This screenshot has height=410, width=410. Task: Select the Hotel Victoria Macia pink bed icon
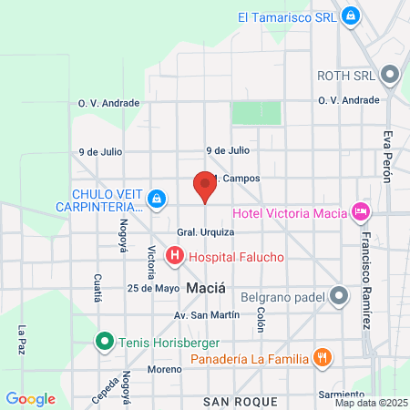point(362,212)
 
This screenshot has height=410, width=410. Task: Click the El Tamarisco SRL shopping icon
point(351,15)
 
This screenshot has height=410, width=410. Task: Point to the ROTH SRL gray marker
point(391,74)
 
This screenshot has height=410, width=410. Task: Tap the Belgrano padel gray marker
point(339,295)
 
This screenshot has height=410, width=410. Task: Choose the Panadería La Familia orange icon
point(321,357)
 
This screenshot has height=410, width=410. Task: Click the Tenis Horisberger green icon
point(105,343)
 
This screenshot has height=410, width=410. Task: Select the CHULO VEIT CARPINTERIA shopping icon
point(157,198)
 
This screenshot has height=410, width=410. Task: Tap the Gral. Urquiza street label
point(200,232)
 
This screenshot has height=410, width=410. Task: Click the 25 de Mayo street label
point(153,289)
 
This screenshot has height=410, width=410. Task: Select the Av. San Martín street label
point(211,315)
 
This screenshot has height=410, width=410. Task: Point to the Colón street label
point(261,319)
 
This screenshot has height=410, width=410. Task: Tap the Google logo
point(30,398)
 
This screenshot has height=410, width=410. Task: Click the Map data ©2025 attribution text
point(369,403)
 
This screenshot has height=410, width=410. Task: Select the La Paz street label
point(21,341)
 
